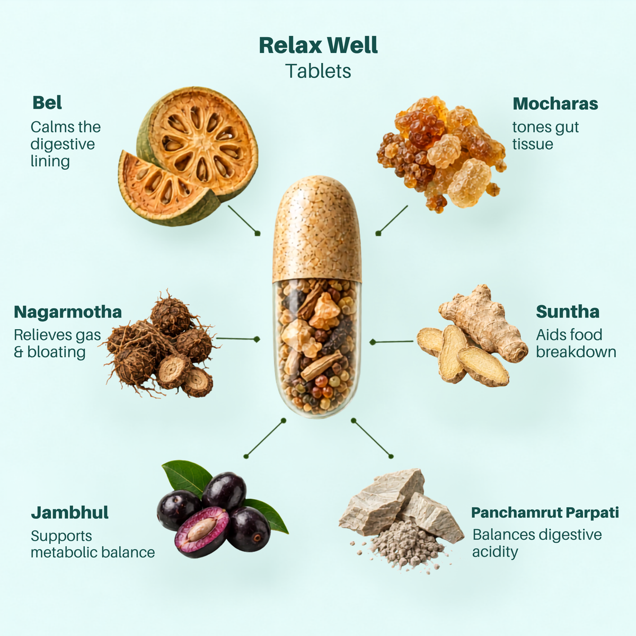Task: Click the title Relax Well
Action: (318, 45)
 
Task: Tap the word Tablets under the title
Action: (318, 71)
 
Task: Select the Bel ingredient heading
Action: (47, 103)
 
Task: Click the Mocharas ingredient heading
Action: (555, 104)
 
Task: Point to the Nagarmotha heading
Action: (68, 312)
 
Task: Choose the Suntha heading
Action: (568, 312)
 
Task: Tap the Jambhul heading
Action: (69, 513)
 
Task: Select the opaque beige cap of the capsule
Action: (316, 229)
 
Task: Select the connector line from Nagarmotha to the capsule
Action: (238, 339)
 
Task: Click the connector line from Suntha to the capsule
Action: (392, 342)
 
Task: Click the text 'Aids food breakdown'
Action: (576, 343)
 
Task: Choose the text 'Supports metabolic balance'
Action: (93, 544)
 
